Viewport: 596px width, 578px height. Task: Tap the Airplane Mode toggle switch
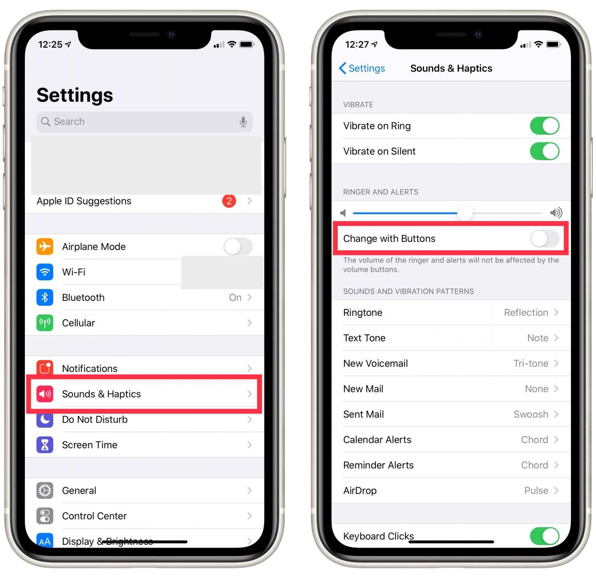click(x=237, y=247)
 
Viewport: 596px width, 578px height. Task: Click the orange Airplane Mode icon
click(x=45, y=247)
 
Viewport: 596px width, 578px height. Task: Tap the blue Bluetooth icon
click(x=45, y=297)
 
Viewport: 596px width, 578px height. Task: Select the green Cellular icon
click(x=45, y=323)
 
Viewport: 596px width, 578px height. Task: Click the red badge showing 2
click(x=229, y=201)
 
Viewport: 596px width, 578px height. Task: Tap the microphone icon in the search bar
click(x=243, y=122)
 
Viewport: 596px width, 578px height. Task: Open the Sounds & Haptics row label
click(x=101, y=394)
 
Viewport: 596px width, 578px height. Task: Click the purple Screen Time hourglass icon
click(x=45, y=445)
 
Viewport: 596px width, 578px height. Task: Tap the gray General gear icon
click(x=45, y=490)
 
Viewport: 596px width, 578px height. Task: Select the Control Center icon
click(x=45, y=516)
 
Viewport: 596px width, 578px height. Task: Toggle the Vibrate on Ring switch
click(x=544, y=126)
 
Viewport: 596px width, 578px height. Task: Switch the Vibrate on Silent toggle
click(x=544, y=151)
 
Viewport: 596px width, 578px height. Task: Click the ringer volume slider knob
click(x=464, y=213)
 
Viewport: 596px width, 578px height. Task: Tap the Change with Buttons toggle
click(x=544, y=238)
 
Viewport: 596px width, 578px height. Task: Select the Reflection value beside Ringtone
click(x=526, y=312)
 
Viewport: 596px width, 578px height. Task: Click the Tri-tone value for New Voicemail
click(x=530, y=363)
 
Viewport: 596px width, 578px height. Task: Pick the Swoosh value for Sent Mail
click(x=530, y=414)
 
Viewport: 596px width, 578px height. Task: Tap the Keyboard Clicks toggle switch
click(x=544, y=536)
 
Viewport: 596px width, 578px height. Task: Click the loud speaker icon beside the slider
click(x=556, y=212)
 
